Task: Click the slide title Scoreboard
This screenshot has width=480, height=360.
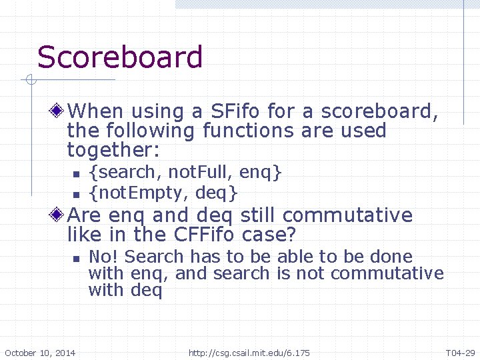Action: [120, 57]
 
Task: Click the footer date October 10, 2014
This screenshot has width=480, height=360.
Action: [40, 353]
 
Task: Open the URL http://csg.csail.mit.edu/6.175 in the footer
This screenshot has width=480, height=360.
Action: [249, 353]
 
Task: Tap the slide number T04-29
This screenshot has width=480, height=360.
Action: [459, 353]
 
